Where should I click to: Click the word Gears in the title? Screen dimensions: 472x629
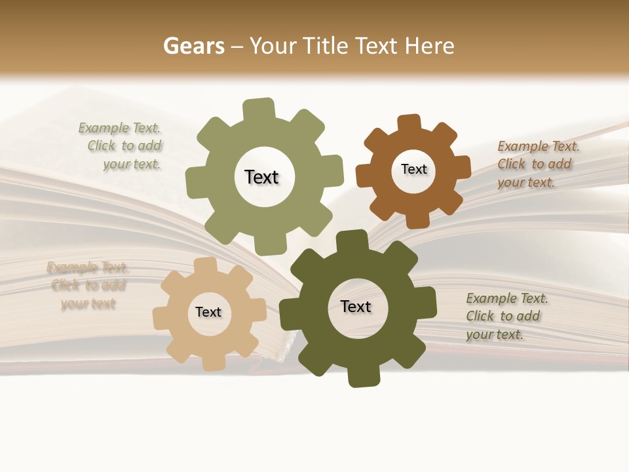[x=193, y=46]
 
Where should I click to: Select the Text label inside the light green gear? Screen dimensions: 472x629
[x=261, y=177]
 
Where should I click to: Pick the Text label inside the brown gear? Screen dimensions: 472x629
[x=413, y=169]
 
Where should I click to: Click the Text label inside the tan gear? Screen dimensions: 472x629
[x=208, y=312]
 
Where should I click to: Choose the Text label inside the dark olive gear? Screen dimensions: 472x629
[x=356, y=306]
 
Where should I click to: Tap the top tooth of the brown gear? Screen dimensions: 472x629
[x=410, y=123]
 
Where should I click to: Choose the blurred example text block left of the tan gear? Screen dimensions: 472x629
[x=88, y=285]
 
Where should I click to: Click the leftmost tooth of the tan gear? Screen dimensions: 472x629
[x=161, y=319]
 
